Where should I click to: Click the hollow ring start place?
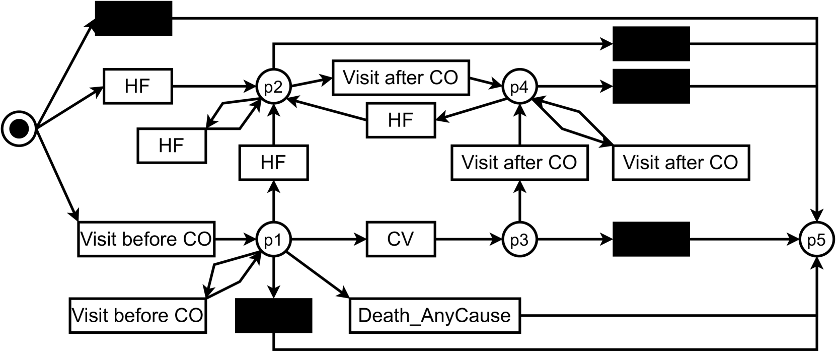point(19,129)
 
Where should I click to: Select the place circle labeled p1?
point(273,239)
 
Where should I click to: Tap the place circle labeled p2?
point(273,87)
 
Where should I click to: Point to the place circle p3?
point(519,239)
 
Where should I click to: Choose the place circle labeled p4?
point(519,87)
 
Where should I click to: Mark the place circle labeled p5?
point(816,239)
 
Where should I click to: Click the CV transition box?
point(401,239)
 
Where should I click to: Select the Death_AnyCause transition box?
point(434,316)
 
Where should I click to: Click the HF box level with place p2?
point(137,87)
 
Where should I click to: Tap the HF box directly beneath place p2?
point(273,163)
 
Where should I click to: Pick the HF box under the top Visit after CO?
point(401,120)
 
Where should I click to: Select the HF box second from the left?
point(172,146)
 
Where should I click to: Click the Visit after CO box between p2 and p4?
point(401,78)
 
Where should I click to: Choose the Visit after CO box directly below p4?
point(519,163)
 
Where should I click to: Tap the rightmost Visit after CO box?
point(680,163)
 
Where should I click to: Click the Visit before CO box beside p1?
point(146,239)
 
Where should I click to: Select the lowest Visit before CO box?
point(137,316)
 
